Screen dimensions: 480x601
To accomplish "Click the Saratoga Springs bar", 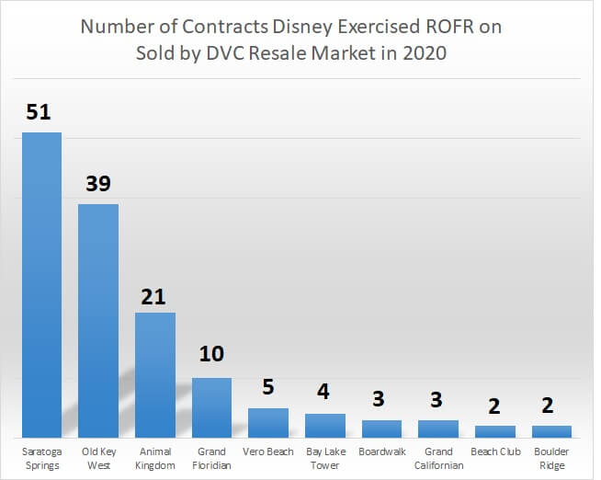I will tap(41, 285).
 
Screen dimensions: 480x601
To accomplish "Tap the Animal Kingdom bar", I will tap(155, 374).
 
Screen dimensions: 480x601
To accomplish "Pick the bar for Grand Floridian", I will tap(211, 407).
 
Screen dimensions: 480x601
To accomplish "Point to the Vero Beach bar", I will tap(268, 423).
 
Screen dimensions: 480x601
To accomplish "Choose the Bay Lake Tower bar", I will tap(325, 425).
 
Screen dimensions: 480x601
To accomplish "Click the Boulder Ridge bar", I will tap(551, 431).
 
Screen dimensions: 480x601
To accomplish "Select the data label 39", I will tap(97, 184).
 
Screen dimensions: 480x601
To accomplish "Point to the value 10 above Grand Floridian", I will tap(211, 354).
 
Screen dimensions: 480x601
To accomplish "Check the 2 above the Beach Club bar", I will tap(494, 405).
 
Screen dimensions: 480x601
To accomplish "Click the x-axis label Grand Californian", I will tap(438, 459).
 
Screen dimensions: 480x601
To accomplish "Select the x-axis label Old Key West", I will tap(98, 459).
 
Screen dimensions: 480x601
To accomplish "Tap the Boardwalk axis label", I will tap(381, 452).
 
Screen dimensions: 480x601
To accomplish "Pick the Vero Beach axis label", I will tap(268, 452).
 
